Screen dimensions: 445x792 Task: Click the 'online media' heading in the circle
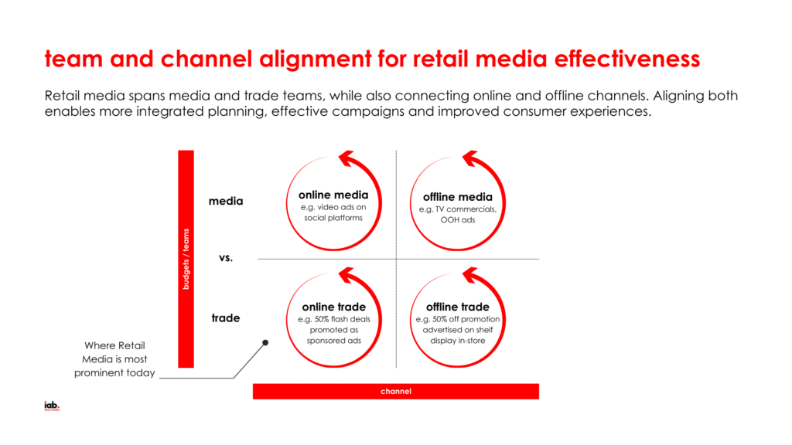[333, 195]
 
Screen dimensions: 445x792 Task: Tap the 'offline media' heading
[457, 197]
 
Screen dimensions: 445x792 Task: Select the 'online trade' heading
[333, 307]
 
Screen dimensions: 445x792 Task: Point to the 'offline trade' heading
[457, 307]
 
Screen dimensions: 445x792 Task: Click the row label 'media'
[226, 202]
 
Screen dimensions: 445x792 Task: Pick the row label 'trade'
[226, 318]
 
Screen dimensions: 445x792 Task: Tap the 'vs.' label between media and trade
[226, 258]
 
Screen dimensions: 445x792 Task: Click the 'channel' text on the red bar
[395, 392]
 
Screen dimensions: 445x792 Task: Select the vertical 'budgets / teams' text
[186, 259]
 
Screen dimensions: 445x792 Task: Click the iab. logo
[52, 406]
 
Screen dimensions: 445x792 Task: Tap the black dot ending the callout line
[265, 342]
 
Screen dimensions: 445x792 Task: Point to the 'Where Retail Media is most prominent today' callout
[114, 359]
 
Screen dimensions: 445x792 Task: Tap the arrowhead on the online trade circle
[350, 275]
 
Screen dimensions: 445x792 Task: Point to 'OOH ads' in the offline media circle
[457, 220]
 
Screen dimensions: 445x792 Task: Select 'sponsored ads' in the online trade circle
[333, 341]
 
